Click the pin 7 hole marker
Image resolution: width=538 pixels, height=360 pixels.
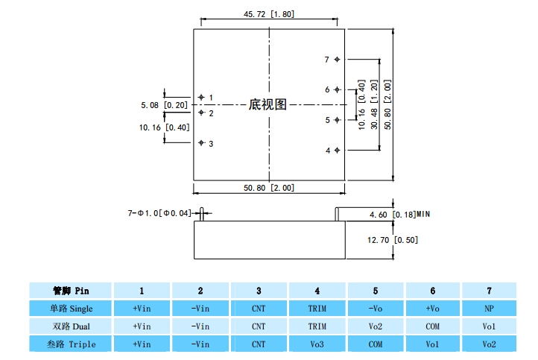338,60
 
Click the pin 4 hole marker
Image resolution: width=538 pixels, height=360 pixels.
338,150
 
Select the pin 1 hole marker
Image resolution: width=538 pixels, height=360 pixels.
200,97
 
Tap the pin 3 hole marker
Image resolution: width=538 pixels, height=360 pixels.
200,142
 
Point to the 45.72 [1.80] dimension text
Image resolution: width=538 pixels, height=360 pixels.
270,14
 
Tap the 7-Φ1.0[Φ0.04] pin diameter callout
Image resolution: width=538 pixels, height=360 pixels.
159,214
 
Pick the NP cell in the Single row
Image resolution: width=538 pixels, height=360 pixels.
489,308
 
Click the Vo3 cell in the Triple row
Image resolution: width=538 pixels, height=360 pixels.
317,344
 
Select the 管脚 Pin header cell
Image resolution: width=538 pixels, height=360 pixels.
71,290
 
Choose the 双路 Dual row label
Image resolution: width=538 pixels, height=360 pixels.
71,326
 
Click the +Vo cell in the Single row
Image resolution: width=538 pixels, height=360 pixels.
432,308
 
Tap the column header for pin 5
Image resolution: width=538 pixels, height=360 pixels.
375,290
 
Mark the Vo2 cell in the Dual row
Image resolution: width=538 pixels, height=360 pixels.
375,326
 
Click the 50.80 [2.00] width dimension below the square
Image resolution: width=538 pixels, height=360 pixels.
269,187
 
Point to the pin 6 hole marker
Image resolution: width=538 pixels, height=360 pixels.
338,89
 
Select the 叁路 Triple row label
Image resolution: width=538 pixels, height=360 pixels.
71,344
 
